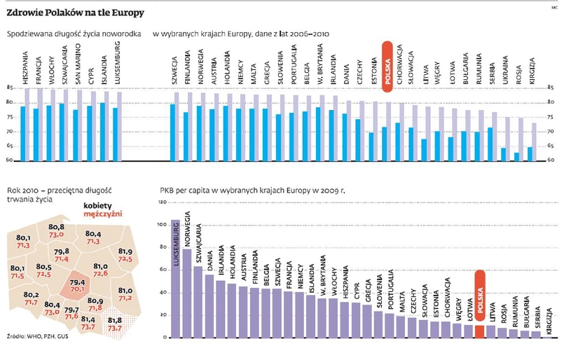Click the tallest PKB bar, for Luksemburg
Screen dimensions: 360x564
click(x=174, y=280)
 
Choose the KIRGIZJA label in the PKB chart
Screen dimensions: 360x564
click(x=547, y=318)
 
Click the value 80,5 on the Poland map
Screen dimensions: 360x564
click(x=44, y=267)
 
